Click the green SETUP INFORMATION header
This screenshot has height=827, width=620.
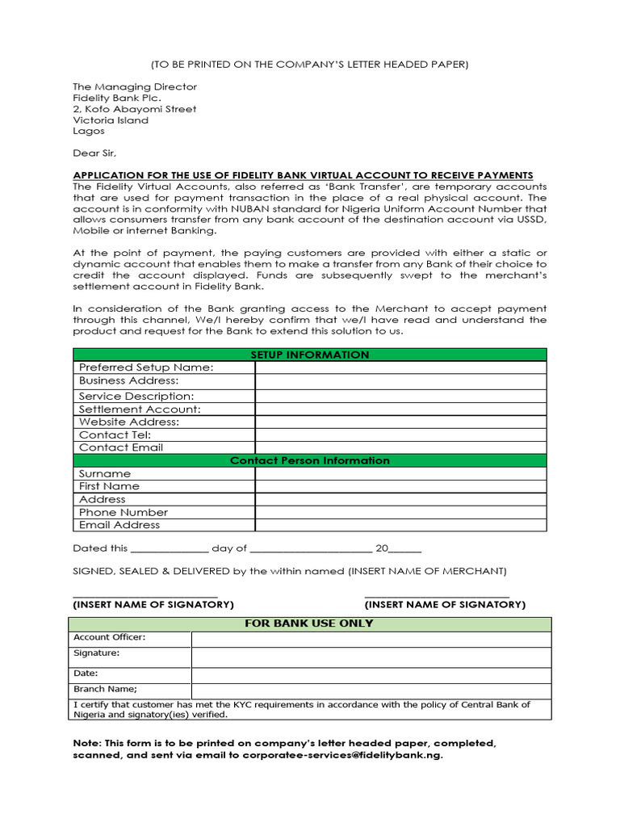point(310,355)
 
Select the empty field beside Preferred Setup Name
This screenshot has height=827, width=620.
point(400,367)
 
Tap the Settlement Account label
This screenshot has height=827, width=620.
point(139,409)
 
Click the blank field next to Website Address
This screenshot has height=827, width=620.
point(400,422)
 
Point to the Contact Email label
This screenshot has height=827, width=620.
point(121,447)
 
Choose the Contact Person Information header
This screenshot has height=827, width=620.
point(310,460)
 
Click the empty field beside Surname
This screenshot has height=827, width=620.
point(400,473)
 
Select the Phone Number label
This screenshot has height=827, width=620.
point(124,512)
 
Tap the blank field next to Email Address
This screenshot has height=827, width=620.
point(400,525)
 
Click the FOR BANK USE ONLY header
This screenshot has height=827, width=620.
point(310,623)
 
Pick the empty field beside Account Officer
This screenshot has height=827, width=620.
point(371,639)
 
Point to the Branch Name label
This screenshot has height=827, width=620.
point(106,689)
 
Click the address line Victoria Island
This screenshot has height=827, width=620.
point(111,120)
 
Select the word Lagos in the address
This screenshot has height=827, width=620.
point(89,131)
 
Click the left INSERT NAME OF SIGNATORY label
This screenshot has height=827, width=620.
point(153,604)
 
